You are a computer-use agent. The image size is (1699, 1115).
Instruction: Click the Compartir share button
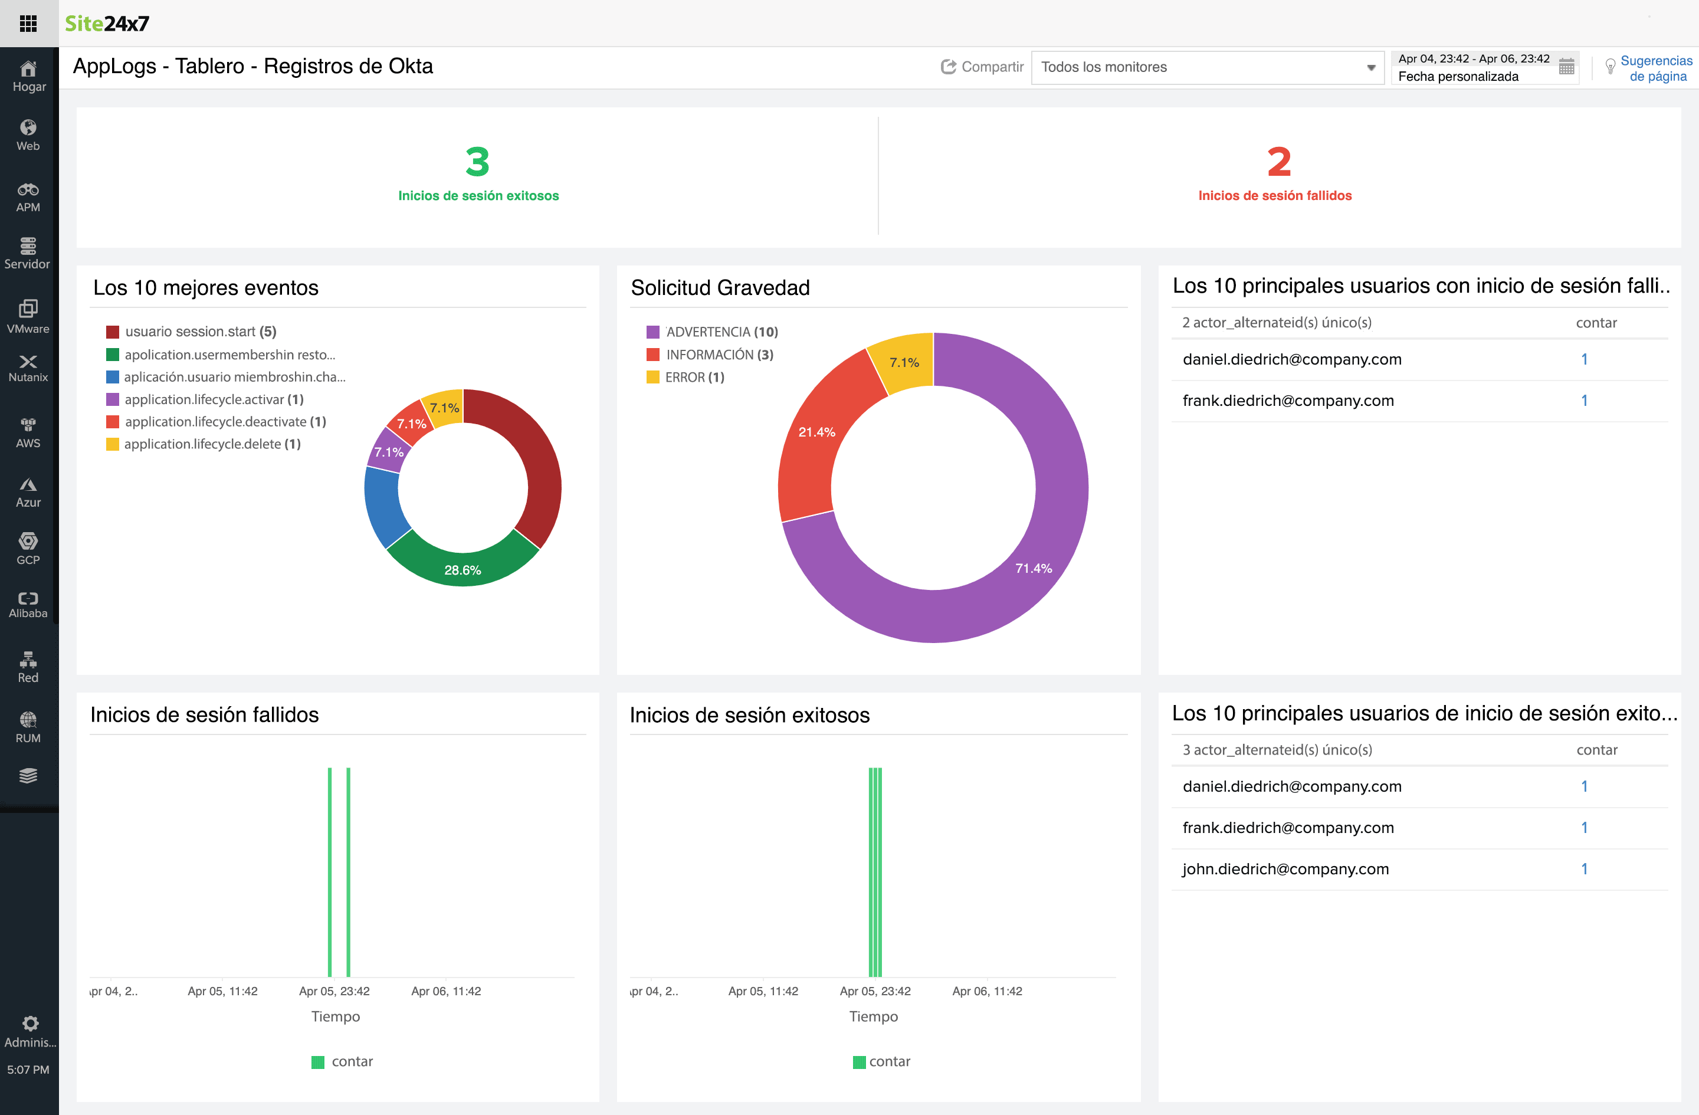click(x=982, y=67)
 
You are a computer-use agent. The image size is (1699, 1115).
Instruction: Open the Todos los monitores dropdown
click(x=1207, y=67)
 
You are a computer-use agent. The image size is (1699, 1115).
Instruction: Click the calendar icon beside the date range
click(x=1566, y=67)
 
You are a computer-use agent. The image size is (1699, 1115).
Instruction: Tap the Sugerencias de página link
click(x=1655, y=68)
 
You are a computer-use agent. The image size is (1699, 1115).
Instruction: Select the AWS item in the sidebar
click(x=28, y=432)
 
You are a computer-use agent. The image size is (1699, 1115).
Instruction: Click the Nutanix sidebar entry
click(x=28, y=368)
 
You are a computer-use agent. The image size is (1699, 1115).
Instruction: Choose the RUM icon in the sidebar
click(x=28, y=727)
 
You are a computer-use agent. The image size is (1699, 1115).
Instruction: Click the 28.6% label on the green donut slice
click(x=463, y=570)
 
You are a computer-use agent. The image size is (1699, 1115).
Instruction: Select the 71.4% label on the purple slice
click(x=1034, y=568)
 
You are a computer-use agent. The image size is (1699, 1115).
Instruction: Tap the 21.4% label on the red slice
click(x=816, y=432)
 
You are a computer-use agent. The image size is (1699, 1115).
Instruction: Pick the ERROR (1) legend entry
click(x=694, y=377)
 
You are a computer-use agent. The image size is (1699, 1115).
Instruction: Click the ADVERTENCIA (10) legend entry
click(x=721, y=332)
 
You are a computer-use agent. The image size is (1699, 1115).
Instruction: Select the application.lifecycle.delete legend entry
click(x=212, y=444)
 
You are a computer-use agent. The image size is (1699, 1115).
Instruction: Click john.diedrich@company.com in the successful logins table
click(x=1285, y=869)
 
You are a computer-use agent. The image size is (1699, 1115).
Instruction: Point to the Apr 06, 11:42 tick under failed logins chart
click(x=446, y=991)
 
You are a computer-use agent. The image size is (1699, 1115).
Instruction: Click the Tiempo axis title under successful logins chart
click(x=873, y=1016)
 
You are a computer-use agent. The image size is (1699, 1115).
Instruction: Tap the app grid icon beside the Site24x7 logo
click(x=28, y=24)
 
